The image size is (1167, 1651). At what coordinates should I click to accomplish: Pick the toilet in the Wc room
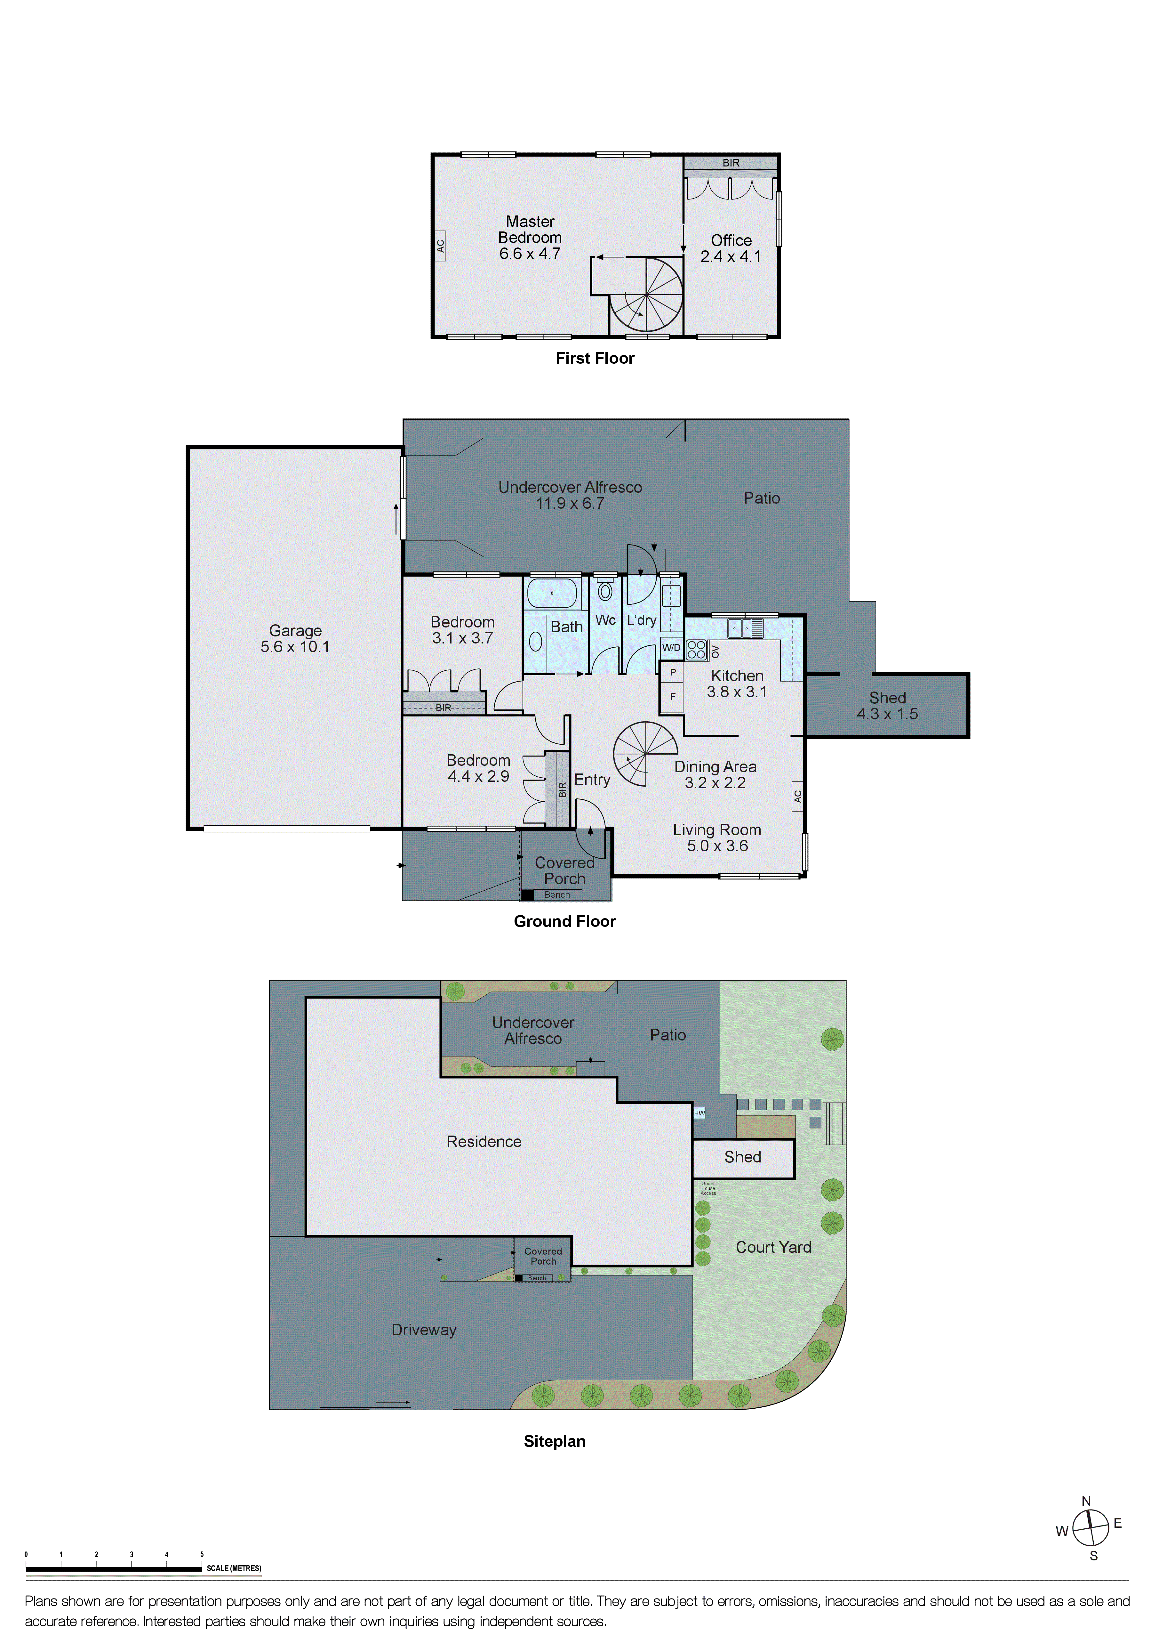tap(605, 591)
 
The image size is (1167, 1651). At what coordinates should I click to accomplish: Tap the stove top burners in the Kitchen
tap(696, 650)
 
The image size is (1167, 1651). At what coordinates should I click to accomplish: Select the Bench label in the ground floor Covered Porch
tap(557, 894)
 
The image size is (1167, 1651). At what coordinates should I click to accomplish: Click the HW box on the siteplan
tap(699, 1113)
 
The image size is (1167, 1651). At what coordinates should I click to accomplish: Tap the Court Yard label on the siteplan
tap(773, 1247)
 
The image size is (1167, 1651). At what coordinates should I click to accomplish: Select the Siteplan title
tap(554, 1441)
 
